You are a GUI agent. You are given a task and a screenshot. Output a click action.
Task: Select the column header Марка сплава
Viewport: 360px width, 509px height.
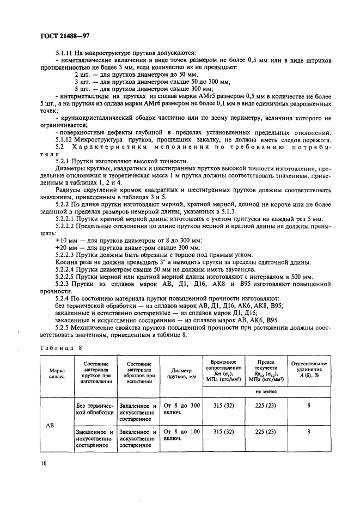pyautogui.click(x=57, y=372)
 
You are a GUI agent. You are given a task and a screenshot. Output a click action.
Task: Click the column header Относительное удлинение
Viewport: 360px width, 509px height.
pyautogui.click(x=309, y=369)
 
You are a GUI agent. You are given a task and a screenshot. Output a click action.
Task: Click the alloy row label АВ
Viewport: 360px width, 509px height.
pyautogui.click(x=57, y=425)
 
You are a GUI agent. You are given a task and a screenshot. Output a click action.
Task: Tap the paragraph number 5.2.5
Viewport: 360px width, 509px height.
pyautogui.click(x=65, y=327)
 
